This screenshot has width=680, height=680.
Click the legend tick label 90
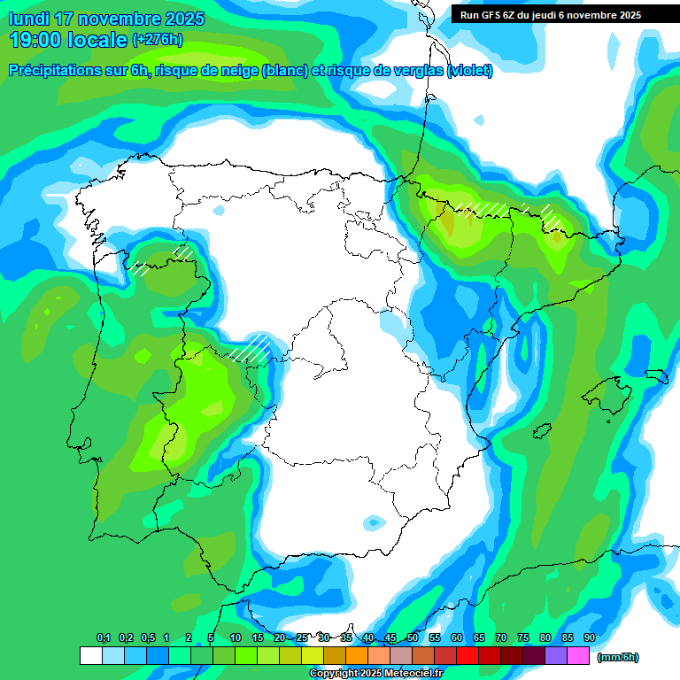pos(590,638)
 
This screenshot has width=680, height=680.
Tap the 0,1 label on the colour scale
pos(104,638)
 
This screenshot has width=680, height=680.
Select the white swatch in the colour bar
pos(90,656)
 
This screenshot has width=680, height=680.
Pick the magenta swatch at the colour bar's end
pos(578,656)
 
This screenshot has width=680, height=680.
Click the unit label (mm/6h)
pos(618,657)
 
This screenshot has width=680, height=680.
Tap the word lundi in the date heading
pos(31,19)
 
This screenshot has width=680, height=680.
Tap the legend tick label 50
pos(413,638)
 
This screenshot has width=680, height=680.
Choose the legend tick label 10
pos(236,638)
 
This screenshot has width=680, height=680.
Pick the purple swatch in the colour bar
pos(556,656)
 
